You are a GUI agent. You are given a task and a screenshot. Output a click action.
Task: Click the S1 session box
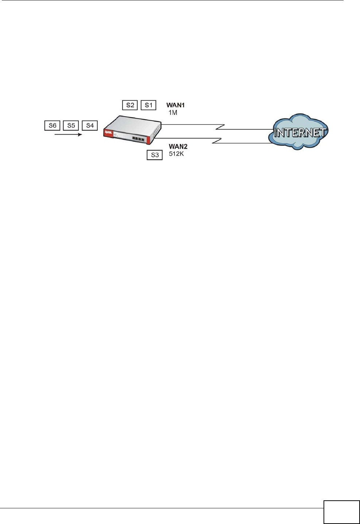pyautogui.click(x=148, y=105)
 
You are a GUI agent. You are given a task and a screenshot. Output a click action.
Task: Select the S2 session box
pyautogui.click(x=130, y=105)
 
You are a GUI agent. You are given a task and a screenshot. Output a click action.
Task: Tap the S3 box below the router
pyautogui.click(x=155, y=155)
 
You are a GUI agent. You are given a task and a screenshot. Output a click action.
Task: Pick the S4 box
pyautogui.click(x=90, y=126)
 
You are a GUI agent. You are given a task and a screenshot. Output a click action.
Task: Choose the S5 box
pyautogui.click(x=71, y=126)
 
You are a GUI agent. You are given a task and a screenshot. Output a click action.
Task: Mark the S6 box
pyautogui.click(x=53, y=126)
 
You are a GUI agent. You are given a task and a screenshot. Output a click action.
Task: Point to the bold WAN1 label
pyautogui.click(x=175, y=105)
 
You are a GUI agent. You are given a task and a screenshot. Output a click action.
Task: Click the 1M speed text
pyautogui.click(x=173, y=113)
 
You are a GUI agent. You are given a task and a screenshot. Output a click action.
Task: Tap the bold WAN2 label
pyautogui.click(x=178, y=146)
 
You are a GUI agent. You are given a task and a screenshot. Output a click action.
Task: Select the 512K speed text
pyautogui.click(x=177, y=154)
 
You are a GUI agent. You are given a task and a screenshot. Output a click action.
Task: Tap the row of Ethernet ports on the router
pyautogui.click(x=138, y=139)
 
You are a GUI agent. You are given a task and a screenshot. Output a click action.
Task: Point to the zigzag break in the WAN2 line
pyautogui.click(x=217, y=141)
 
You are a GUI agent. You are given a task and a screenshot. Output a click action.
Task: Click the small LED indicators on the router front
pyautogui.click(x=115, y=134)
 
